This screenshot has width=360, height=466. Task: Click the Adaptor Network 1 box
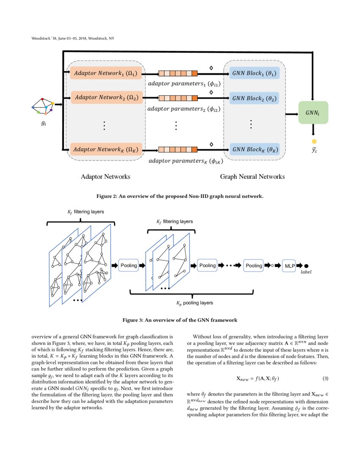click(105, 73)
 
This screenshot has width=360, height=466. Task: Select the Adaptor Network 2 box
click(105, 98)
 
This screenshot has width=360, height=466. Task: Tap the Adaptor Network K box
click(105, 149)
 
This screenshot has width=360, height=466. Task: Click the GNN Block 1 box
click(254, 73)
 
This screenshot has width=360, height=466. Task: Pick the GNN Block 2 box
click(254, 98)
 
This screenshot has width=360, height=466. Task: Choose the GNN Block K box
click(254, 149)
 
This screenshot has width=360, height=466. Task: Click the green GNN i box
click(313, 113)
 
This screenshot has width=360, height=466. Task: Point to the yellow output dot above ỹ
click(314, 141)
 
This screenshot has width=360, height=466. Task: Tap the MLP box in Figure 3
click(289, 266)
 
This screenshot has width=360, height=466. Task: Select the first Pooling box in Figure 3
click(129, 266)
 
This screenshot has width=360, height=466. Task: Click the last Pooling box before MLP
click(254, 266)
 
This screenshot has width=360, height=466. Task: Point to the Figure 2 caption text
click(180, 196)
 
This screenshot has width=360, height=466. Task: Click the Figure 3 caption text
click(180, 320)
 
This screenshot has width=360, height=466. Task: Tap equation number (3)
click(325, 378)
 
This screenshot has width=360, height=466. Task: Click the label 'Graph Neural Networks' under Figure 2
click(252, 177)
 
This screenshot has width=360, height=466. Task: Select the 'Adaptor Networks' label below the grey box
click(105, 177)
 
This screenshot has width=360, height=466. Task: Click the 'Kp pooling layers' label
click(194, 303)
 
